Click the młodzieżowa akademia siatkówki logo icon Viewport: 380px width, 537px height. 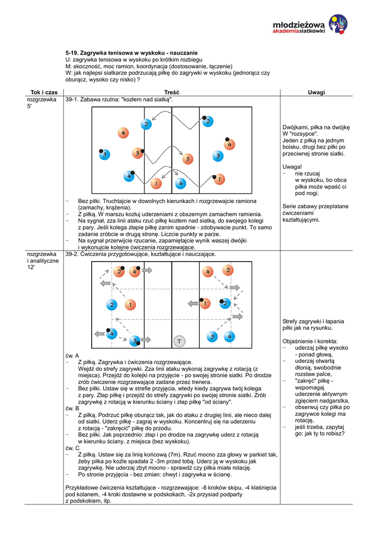tap(337, 24)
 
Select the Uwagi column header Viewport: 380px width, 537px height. tap(316, 92)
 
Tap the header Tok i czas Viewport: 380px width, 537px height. tap(44, 92)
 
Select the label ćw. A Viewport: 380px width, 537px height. tap(72, 355)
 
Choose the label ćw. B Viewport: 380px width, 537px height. tap(72, 408)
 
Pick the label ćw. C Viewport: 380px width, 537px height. tap(72, 448)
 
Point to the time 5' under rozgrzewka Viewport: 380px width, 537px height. tap(29, 106)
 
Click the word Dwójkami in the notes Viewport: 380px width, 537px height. tap(295, 127)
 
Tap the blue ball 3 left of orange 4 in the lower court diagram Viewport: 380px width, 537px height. tap(212, 336)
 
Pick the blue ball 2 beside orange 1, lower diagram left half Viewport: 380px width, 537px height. tap(112, 305)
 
